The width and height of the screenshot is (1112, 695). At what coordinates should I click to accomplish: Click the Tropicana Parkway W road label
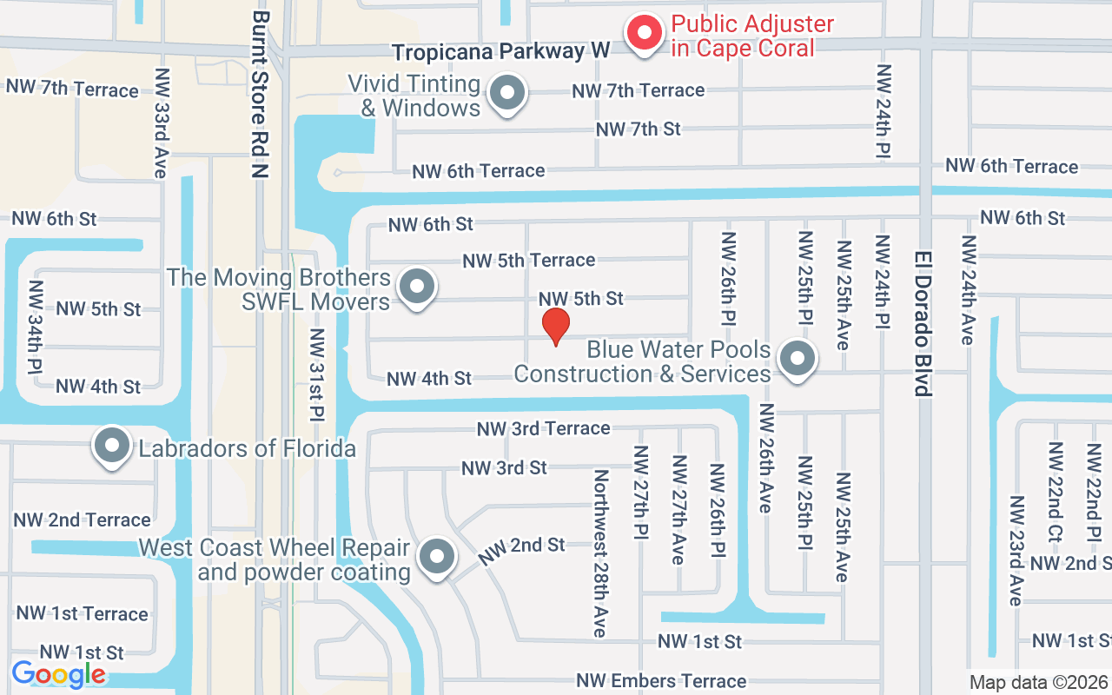point(500,51)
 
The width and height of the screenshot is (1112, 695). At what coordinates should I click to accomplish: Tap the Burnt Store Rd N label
point(260,95)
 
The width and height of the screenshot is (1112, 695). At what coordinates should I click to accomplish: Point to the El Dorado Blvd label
point(923,323)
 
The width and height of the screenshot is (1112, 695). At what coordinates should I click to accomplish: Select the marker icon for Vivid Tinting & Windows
point(506,93)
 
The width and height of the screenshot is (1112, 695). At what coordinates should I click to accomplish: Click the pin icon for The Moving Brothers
point(417,286)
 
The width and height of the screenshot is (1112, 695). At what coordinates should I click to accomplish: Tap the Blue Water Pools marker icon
point(797,358)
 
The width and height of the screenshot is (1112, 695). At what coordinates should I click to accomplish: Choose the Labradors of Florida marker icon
point(112,446)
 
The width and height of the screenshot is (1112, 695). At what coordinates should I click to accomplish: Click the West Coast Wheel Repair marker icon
point(437,555)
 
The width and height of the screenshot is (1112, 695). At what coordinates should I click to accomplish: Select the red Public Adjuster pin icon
point(645,33)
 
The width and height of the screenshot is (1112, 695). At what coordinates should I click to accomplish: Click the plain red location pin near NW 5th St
point(556,326)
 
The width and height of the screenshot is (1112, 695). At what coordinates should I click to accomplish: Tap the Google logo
point(59,674)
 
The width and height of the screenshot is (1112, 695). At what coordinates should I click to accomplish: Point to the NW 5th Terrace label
point(528,260)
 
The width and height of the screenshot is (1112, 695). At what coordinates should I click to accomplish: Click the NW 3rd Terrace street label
point(543,428)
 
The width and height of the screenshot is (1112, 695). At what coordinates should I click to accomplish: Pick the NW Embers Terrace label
point(661,681)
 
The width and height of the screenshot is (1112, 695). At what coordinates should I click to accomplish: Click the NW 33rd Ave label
point(161,123)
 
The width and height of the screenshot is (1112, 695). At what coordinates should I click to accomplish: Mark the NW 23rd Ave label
point(1016,551)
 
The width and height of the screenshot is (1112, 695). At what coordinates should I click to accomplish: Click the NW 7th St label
point(638,129)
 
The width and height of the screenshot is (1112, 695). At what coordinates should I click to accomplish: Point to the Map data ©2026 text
point(1039,682)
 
